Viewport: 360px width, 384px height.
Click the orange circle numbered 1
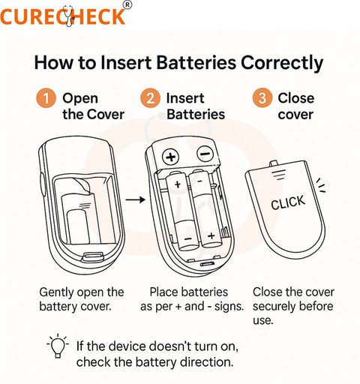46,98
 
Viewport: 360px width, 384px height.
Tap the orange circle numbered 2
150,98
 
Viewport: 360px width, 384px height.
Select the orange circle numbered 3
262,98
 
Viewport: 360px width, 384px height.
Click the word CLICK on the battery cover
288,202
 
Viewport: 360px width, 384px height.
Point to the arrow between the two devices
135,199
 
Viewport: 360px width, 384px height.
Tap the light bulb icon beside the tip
58,346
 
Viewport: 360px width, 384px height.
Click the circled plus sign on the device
171,157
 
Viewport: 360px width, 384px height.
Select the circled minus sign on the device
205,154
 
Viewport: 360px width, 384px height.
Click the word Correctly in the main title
282,63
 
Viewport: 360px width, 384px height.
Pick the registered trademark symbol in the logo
127,5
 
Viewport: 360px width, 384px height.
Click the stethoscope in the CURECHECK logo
68,16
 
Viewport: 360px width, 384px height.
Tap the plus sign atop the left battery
178,184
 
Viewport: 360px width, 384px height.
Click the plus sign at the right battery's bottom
211,235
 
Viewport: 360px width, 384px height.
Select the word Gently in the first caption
57,292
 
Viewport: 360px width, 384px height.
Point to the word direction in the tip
207,362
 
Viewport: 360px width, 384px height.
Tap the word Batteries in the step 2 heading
196,114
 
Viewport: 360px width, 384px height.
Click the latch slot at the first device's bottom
93,256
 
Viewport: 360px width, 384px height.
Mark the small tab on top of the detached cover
274,164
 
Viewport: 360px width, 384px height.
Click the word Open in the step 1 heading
80,99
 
